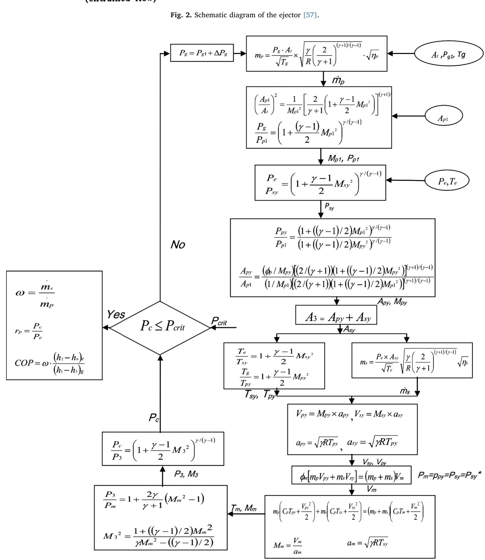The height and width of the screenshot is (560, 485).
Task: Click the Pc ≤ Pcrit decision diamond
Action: (160, 328)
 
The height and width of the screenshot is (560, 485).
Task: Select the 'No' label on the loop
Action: (178, 245)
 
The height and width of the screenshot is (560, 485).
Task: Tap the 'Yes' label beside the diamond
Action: (116, 315)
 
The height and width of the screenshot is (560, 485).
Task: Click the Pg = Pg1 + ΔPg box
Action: (202, 53)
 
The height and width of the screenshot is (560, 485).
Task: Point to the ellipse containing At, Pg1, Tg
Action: (449, 54)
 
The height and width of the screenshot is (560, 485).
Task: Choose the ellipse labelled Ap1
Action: (444, 116)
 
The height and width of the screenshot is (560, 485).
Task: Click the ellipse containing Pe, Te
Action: (447, 181)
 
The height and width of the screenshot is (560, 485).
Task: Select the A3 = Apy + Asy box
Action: (336, 315)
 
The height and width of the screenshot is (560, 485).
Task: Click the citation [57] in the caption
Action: (310, 15)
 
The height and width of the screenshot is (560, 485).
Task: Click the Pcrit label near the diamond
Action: (219, 321)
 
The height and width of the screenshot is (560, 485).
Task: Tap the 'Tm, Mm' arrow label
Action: (244, 508)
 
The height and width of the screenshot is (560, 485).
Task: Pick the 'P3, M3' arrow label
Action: (186, 474)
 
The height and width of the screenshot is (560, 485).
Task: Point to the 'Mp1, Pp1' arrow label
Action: (343, 158)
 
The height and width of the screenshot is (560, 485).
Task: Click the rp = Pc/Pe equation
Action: (28, 331)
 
